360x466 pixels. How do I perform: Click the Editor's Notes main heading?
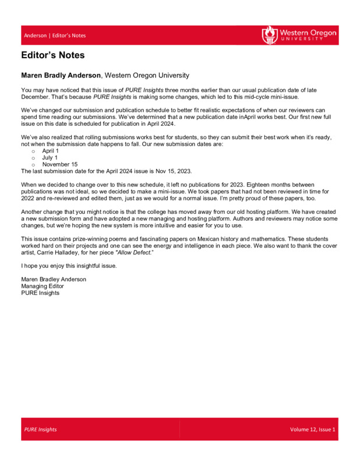52,56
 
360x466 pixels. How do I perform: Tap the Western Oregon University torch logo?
269,34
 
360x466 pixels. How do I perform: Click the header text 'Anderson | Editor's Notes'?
55,36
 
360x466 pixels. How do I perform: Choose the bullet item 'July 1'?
50,157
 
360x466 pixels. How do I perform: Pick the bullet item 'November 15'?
60,164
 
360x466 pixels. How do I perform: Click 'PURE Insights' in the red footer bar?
40,429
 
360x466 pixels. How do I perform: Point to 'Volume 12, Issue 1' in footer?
313,429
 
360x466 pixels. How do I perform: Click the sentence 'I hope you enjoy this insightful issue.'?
69,266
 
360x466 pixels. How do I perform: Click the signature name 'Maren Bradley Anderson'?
54,279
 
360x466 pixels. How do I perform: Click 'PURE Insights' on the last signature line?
40,293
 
